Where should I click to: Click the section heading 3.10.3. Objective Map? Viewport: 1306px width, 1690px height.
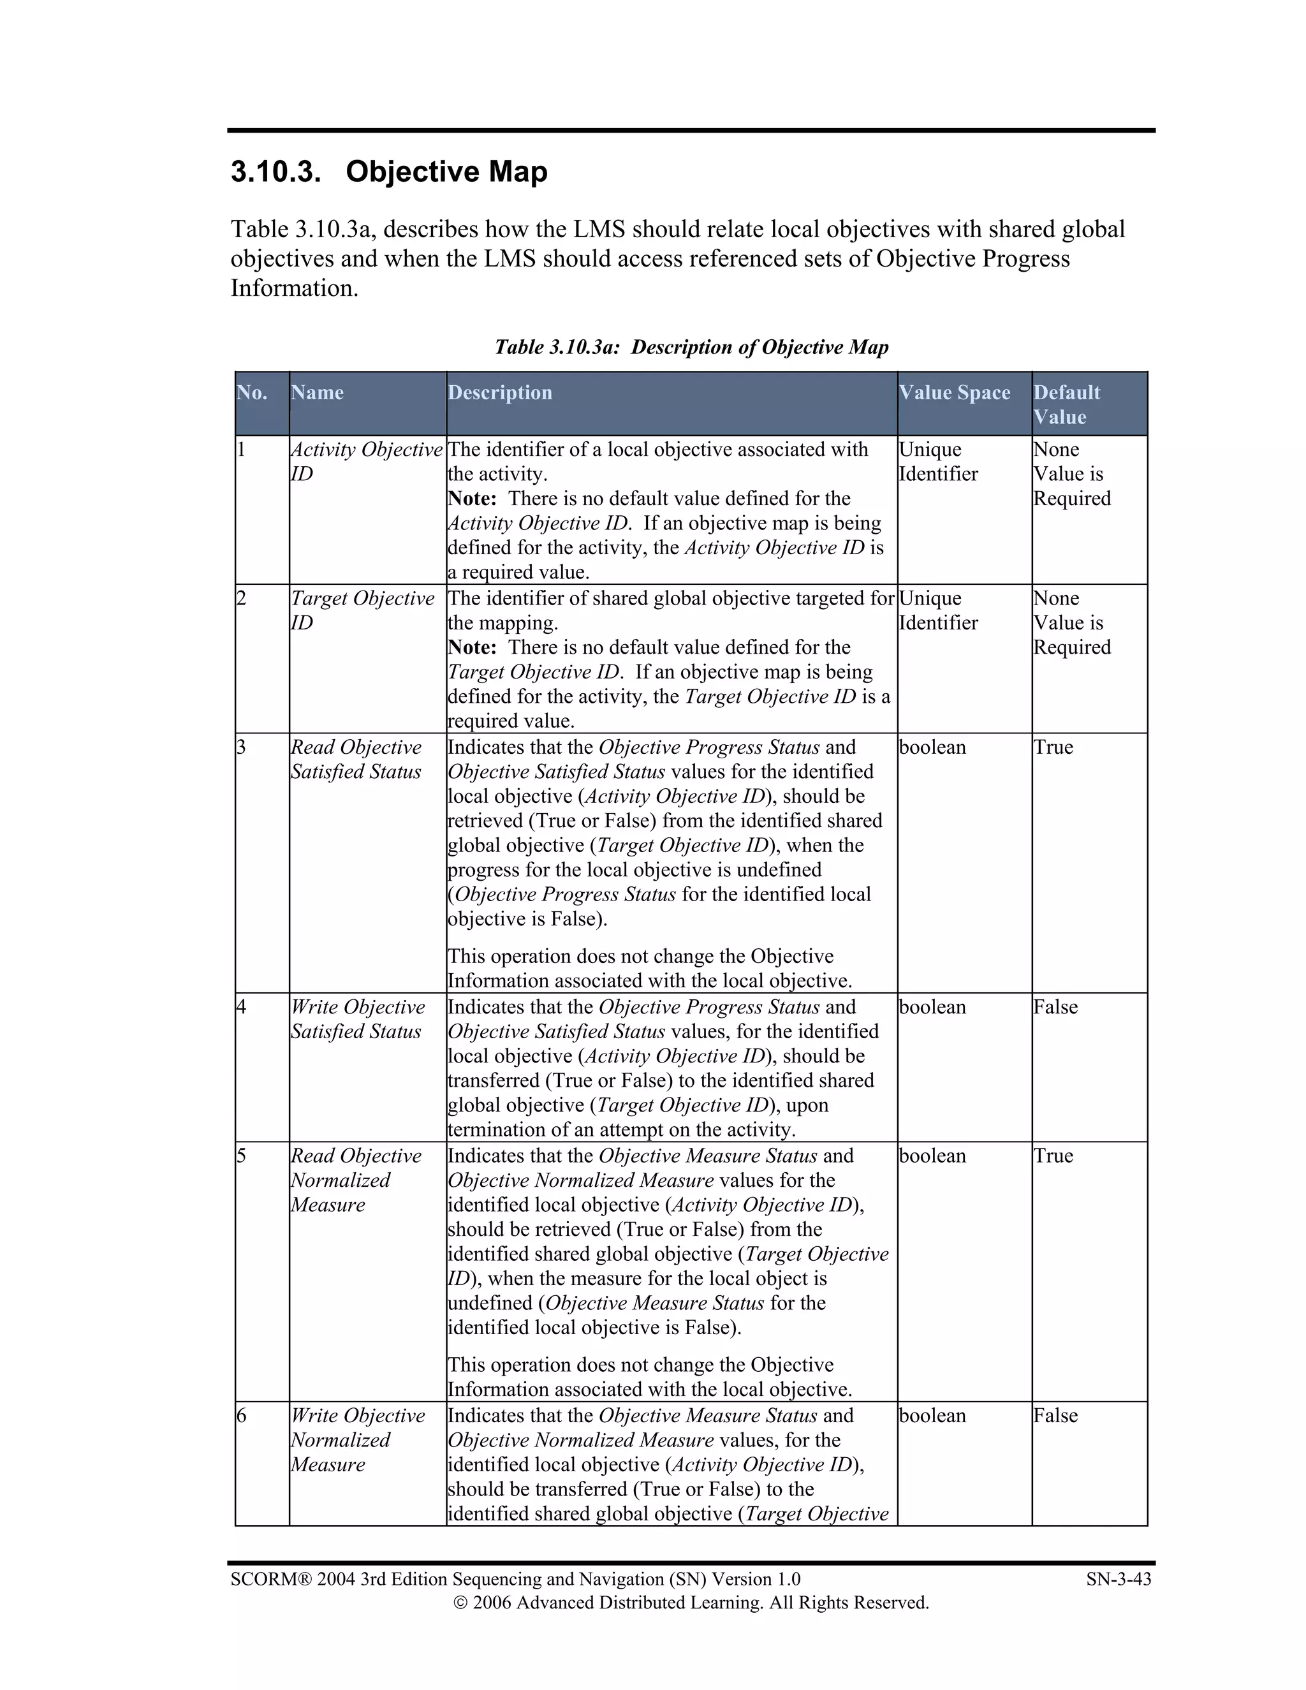coord(388,172)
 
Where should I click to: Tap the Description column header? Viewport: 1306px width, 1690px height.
coord(500,392)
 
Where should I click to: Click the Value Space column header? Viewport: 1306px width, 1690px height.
coord(954,392)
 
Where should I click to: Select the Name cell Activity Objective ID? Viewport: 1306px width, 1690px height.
coord(366,461)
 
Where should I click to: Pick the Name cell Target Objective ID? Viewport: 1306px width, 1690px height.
coord(362,610)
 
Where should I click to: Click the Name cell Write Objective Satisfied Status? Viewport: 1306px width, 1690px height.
coord(358,1018)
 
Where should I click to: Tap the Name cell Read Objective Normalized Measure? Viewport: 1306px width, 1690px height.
coord(356,1179)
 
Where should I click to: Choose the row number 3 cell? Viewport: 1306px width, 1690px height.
coord(242,747)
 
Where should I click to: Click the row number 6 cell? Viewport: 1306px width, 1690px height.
coord(242,1415)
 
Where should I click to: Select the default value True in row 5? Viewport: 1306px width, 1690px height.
coord(1053,1156)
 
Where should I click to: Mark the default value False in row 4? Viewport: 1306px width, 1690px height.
coord(1055,1007)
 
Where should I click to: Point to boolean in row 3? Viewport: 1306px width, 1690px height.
coord(932,747)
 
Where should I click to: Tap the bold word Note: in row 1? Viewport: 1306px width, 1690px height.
coord(472,498)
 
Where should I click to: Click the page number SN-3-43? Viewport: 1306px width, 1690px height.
coord(1118,1579)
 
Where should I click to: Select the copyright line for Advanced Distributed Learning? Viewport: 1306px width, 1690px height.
coord(690,1603)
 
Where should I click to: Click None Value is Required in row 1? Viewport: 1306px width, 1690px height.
coord(1071,474)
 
